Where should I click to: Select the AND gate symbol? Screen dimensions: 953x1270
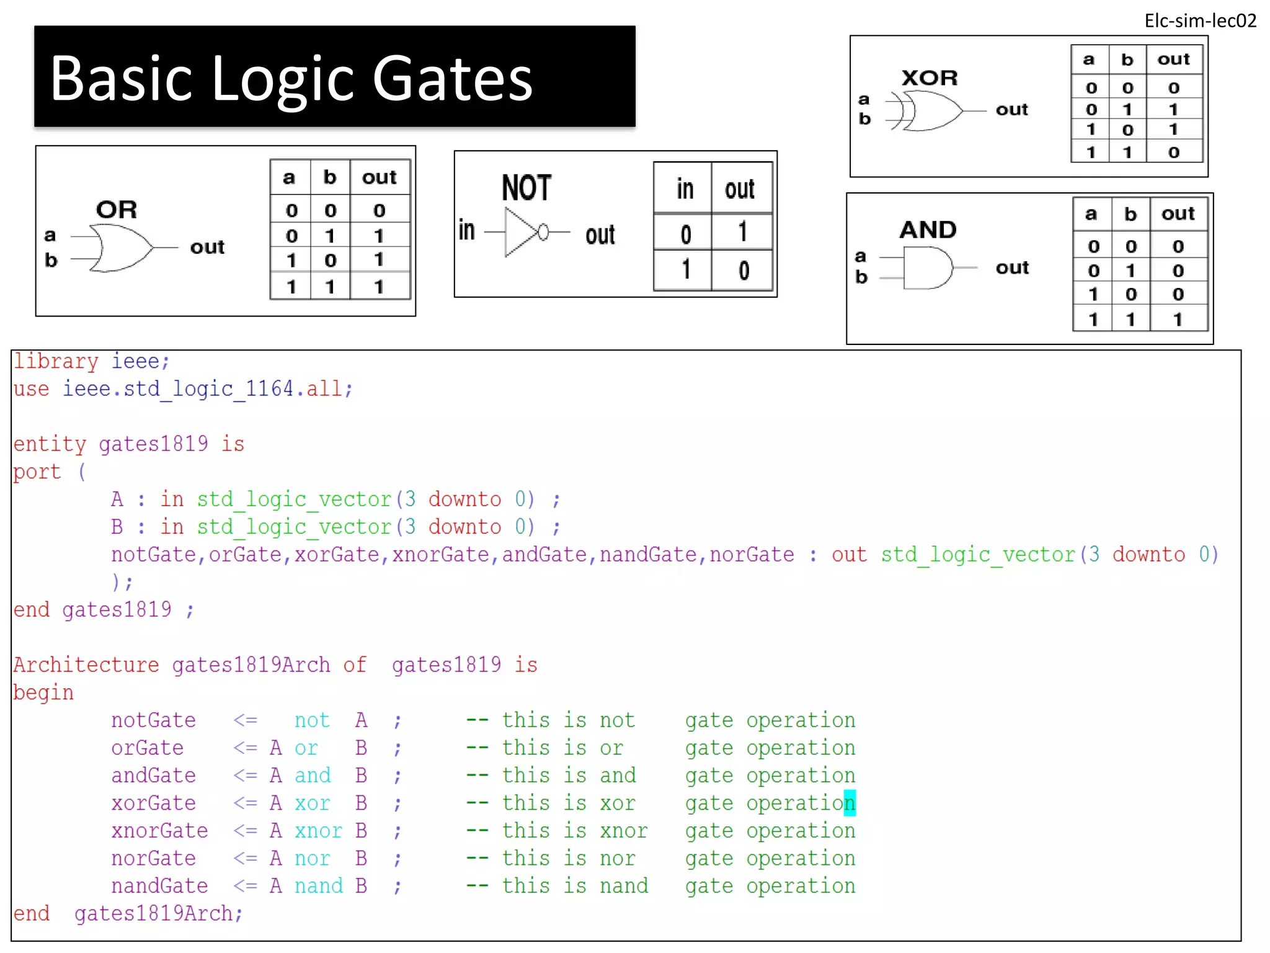(926, 268)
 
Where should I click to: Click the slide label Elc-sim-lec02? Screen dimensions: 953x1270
(1199, 20)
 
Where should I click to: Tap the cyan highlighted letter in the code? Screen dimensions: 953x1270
(849, 803)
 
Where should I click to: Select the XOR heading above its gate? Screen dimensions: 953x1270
(929, 78)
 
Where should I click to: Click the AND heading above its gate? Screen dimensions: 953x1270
(928, 230)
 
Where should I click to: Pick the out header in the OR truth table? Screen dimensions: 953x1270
(379, 177)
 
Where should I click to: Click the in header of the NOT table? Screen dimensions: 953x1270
(685, 189)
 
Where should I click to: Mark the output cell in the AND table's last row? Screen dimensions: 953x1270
(1177, 320)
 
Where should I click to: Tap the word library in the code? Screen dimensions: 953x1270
(56, 361)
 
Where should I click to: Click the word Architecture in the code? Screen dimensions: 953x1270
(86, 665)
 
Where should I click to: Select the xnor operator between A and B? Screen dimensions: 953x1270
(318, 831)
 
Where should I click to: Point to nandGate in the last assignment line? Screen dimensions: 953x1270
(159, 886)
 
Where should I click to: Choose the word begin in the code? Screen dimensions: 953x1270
(43, 692)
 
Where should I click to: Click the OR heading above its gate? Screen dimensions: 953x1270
(117, 210)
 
